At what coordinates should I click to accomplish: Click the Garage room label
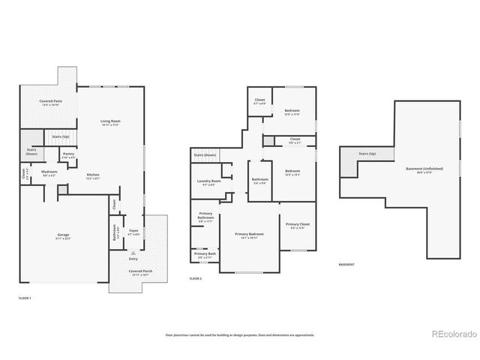[x=63, y=236]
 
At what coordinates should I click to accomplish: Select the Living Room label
[x=111, y=121]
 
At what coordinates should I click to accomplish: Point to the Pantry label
[x=68, y=155]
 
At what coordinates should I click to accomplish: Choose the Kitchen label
[x=92, y=177]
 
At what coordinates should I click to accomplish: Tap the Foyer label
[x=133, y=232]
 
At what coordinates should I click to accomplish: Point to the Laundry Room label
[x=209, y=182]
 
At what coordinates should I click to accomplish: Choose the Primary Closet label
[x=298, y=226]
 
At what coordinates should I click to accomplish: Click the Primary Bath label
[x=205, y=255]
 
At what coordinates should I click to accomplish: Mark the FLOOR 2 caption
[x=196, y=278]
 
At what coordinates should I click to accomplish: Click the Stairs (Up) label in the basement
[x=367, y=153]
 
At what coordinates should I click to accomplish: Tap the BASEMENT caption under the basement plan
[x=347, y=265]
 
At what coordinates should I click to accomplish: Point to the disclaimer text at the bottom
[x=240, y=335]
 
